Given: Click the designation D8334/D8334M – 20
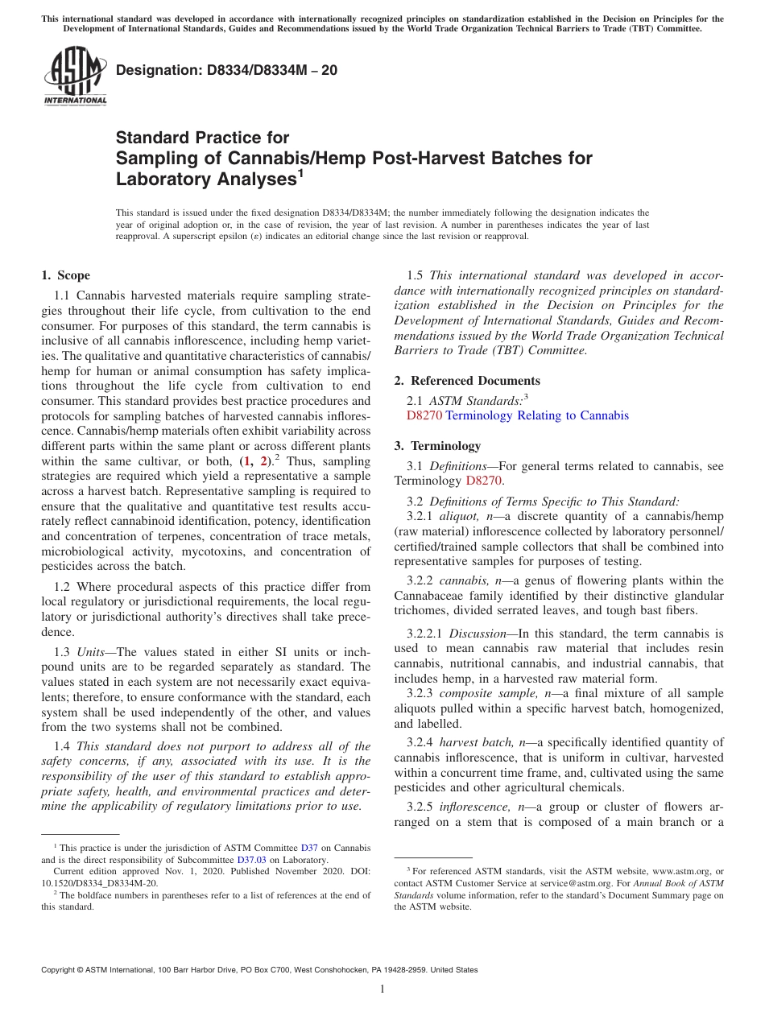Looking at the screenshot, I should tap(226, 71).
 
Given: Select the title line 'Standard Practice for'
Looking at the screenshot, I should tap(202, 138).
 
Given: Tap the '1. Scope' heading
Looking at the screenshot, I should tap(66, 275).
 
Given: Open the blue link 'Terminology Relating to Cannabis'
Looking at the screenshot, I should tap(537, 415).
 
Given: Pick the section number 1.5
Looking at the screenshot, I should tap(416, 276).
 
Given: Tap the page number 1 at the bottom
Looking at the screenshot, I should tap(382, 989).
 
